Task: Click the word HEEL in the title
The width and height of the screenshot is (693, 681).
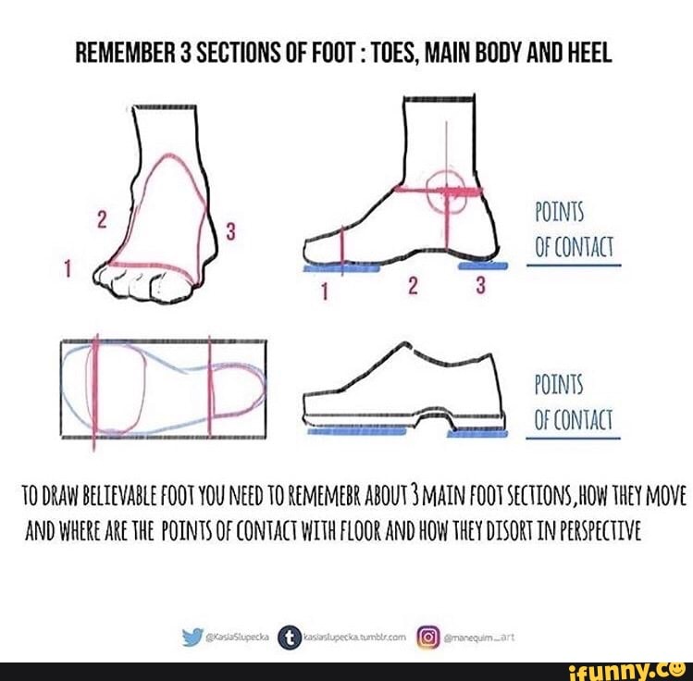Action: click(587, 53)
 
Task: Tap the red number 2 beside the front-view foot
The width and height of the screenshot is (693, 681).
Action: click(103, 220)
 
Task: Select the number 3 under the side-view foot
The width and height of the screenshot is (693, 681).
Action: click(480, 288)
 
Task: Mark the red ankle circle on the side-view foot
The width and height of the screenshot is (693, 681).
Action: click(449, 191)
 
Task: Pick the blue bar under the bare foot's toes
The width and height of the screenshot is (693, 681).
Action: click(341, 267)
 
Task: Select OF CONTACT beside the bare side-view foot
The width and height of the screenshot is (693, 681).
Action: click(574, 248)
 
